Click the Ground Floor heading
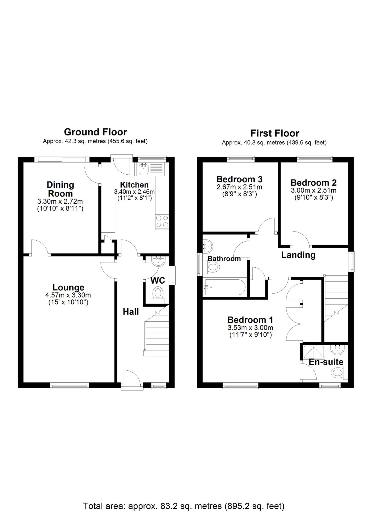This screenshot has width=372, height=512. [x=95, y=132]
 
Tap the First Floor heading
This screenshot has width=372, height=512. [x=275, y=133]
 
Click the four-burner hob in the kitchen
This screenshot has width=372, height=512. [x=162, y=222]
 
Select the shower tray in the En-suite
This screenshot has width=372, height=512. [x=313, y=352]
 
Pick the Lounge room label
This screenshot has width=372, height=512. [x=68, y=287]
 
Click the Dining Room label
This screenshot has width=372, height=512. [x=60, y=189]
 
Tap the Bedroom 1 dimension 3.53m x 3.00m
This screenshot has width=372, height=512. [x=250, y=328]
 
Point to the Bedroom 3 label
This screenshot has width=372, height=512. [x=239, y=179]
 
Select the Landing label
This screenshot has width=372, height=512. [x=298, y=255]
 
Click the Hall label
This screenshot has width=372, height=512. [x=131, y=312]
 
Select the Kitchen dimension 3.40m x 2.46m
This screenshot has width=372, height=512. [x=134, y=192]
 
